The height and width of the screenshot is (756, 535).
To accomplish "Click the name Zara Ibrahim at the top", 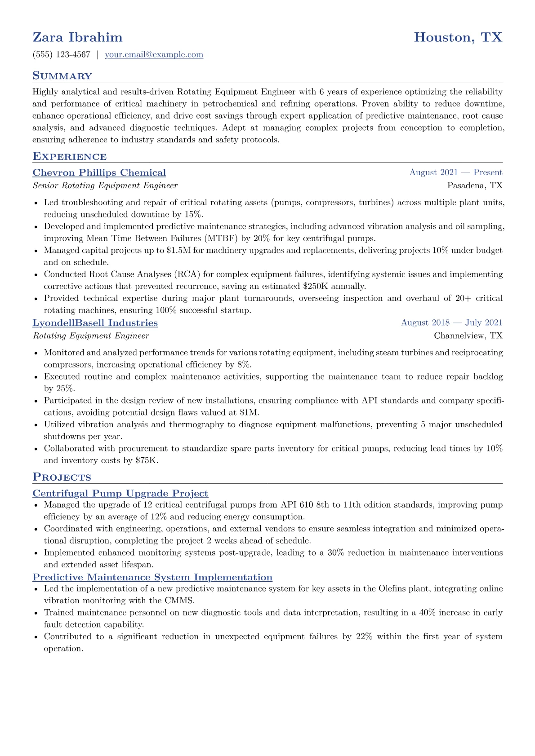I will coord(77,37).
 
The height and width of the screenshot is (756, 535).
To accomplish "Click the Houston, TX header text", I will coord(458,37).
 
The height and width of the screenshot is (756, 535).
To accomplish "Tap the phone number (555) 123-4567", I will coord(62,55).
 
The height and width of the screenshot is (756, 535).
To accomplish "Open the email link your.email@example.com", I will coord(154,55).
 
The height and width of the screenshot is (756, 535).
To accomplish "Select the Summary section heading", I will coord(62,76).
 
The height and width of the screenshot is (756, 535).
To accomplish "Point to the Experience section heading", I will coord(70,157).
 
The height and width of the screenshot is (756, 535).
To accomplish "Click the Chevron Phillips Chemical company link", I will coord(99,173).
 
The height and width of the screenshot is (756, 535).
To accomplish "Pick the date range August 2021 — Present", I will coord(455,172).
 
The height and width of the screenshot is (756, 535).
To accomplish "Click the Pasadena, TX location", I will coord(475,186).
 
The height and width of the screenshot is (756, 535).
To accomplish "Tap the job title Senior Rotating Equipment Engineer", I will coord(105,186).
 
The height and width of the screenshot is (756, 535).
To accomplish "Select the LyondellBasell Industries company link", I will coord(95,323).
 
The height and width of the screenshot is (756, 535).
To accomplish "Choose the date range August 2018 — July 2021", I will coord(451,323).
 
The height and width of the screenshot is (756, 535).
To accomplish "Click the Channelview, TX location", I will coord(468,336).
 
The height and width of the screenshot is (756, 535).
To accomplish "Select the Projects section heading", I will coord(62,477).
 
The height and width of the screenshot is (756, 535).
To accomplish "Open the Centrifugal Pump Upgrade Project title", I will coord(120,493).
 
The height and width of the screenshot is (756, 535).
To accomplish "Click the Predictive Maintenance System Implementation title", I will coord(152,577).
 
